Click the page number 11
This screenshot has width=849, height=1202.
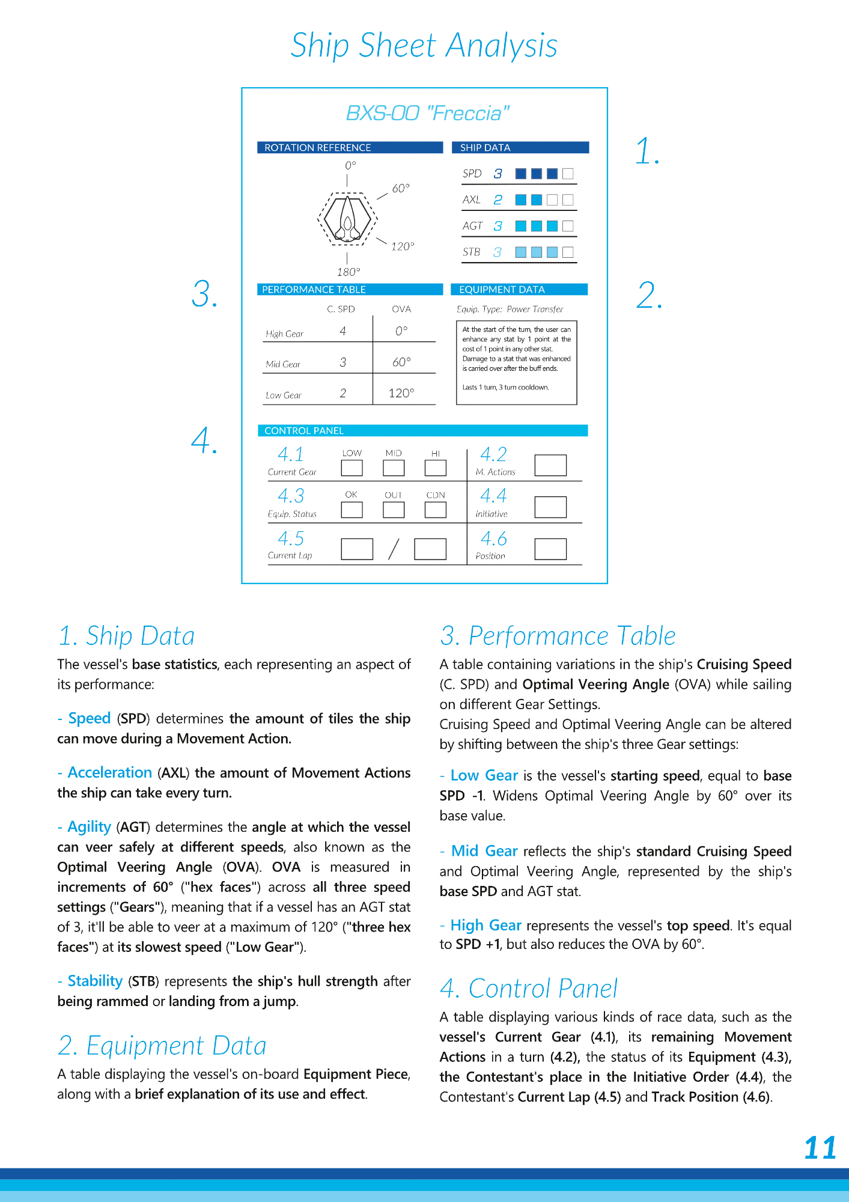point(820,1147)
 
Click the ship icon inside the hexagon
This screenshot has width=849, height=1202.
point(347,219)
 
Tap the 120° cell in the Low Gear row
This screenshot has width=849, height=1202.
point(401,393)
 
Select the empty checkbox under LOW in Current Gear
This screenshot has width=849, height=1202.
point(351,468)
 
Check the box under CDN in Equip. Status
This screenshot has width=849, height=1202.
point(435,510)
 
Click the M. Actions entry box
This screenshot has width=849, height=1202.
point(550,465)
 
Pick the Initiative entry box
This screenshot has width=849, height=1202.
point(550,507)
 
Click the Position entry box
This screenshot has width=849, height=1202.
point(550,549)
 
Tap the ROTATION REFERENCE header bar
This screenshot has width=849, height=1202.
point(350,148)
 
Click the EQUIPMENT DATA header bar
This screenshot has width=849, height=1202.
point(519,290)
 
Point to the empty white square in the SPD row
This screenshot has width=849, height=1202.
point(568,174)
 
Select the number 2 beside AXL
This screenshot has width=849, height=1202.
point(498,200)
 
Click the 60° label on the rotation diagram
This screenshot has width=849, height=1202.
point(401,188)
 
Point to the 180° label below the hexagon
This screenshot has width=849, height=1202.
point(348,272)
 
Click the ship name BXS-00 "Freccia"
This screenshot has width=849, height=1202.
point(427,113)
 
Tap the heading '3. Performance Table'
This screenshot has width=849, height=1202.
point(558,636)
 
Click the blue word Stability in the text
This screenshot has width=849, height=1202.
point(95,981)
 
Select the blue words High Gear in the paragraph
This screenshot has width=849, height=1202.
point(485,925)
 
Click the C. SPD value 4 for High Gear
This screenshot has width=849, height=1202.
point(342,331)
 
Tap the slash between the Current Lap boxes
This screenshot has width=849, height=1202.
point(394,549)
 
